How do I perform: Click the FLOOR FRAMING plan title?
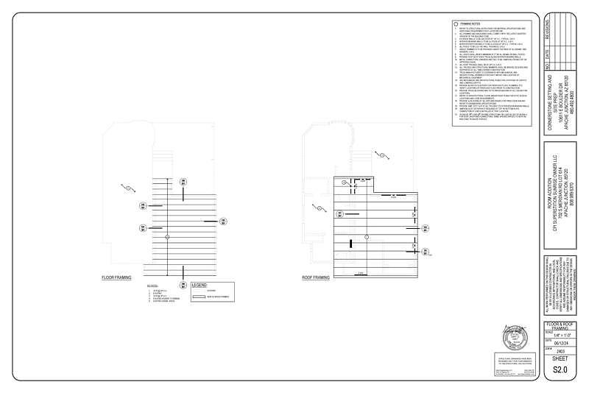[x=116, y=278]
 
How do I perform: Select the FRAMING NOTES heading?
[x=470, y=24]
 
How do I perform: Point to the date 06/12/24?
[x=562, y=341]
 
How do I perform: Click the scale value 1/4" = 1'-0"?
[x=562, y=334]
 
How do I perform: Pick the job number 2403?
[x=562, y=350]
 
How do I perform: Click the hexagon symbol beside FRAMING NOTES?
[x=456, y=24]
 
